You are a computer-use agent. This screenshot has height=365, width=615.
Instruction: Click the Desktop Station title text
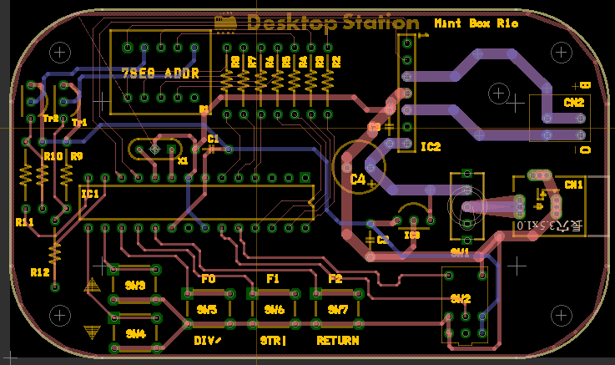coord(332,23)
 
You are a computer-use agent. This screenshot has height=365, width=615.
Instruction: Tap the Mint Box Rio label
coord(476,23)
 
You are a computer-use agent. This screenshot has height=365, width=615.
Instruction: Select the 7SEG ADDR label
coord(161,74)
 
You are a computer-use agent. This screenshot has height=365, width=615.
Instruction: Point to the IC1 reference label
coord(90,194)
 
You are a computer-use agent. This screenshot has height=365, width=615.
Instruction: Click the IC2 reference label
coord(431,147)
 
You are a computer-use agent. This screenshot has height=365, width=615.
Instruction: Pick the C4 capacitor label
coord(358,179)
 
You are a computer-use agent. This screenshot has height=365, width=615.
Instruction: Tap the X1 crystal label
coord(183,159)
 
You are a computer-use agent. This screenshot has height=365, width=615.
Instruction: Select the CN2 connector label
coord(573,103)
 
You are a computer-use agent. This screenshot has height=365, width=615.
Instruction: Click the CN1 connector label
coord(574,184)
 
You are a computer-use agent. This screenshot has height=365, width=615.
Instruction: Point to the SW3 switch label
coord(135,286)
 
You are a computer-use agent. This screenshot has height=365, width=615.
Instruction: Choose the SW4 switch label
coord(135,333)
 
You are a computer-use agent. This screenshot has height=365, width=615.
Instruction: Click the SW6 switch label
coord(275,310)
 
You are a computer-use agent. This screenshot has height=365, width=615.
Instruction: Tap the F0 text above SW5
coord(209,278)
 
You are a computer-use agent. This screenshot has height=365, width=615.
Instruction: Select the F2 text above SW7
coord(335,278)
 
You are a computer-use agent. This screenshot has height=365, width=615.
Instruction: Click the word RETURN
coord(338,341)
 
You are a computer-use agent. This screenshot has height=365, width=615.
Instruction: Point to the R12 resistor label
coord(39,272)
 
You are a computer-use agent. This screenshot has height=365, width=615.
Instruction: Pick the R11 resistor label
coord(24,222)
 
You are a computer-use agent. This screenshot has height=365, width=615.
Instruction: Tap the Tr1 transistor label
coord(79,123)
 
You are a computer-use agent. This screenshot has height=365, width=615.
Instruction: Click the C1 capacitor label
coord(213,139)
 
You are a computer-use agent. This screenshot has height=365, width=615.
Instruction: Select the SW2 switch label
coord(460,299)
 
